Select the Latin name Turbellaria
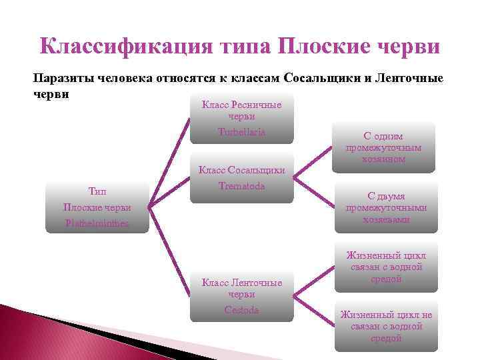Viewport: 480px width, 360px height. pos(241,132)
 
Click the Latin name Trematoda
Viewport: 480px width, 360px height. pos(241,186)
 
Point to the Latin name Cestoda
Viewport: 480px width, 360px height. pos(241,309)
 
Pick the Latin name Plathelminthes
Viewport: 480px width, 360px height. pos(87,222)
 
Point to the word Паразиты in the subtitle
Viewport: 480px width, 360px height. pos(61,77)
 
